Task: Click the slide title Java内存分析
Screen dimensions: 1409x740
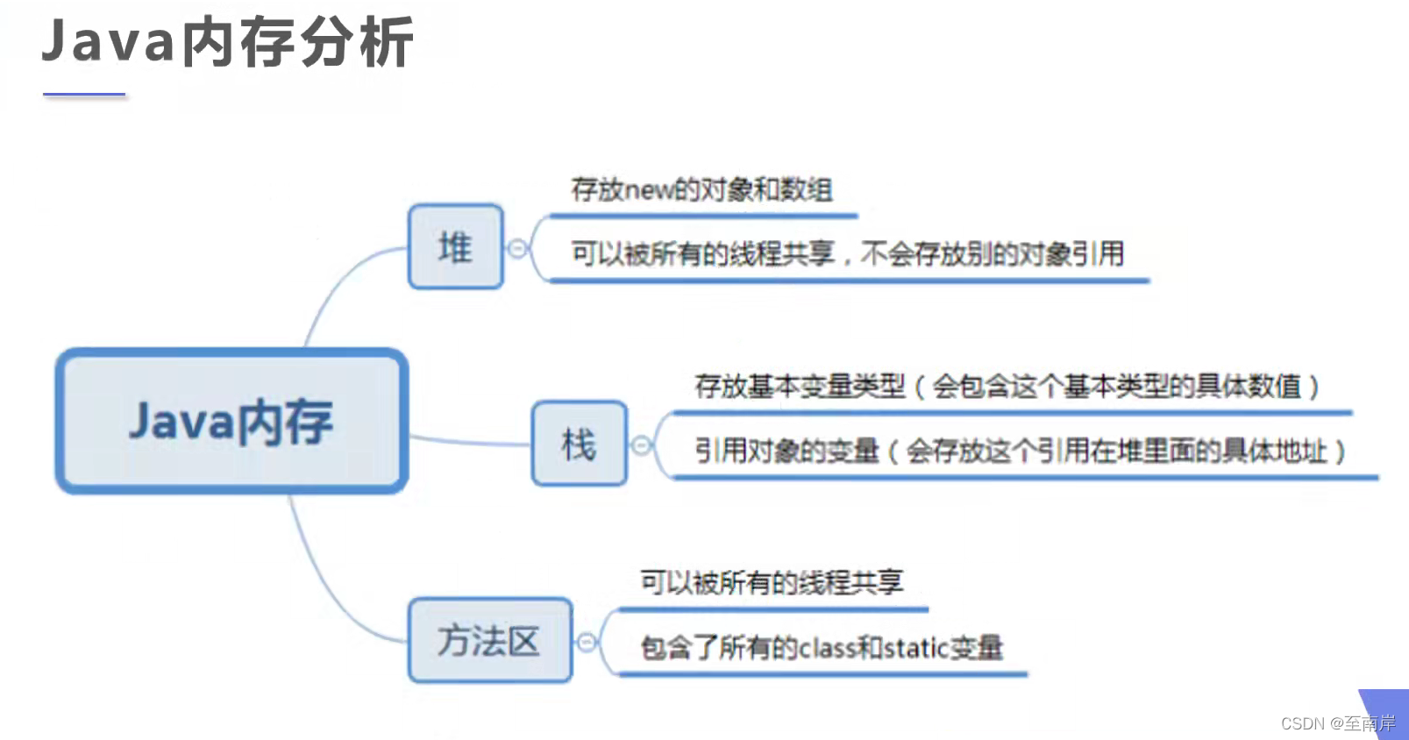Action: tap(227, 42)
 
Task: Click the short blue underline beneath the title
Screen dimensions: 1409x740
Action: tap(84, 94)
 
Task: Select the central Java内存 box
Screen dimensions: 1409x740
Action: tap(231, 421)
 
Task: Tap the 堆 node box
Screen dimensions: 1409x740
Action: tap(456, 247)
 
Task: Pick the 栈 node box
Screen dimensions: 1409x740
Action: tap(579, 444)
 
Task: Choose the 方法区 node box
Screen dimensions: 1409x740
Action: tap(489, 641)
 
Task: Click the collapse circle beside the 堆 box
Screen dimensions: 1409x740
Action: tap(518, 248)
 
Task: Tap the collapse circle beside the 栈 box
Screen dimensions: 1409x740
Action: tap(642, 445)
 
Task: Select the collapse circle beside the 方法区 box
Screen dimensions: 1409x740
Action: tap(587, 643)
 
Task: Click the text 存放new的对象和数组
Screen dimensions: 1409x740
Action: tap(701, 189)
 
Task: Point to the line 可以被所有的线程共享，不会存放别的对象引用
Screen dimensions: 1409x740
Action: tap(847, 254)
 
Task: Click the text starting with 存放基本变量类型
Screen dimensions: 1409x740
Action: tap(1007, 386)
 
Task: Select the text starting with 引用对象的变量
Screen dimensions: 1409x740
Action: tap(1020, 452)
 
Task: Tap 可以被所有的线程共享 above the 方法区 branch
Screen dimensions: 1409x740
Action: tap(771, 582)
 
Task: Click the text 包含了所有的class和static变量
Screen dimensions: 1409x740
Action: tap(822, 648)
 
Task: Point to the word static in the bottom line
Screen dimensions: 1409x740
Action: tap(915, 648)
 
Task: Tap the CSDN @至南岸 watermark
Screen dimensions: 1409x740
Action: tap(1337, 723)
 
